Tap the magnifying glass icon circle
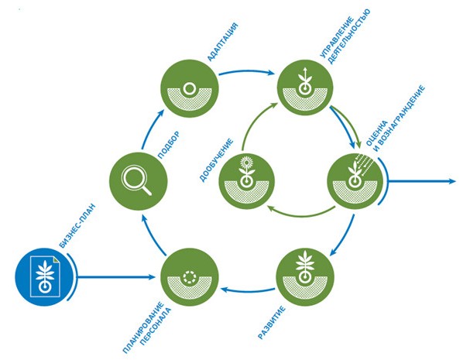pos(138,181)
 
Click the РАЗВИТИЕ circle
pos(303,276)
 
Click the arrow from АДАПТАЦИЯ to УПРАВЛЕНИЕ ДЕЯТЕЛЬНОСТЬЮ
pos(245,74)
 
